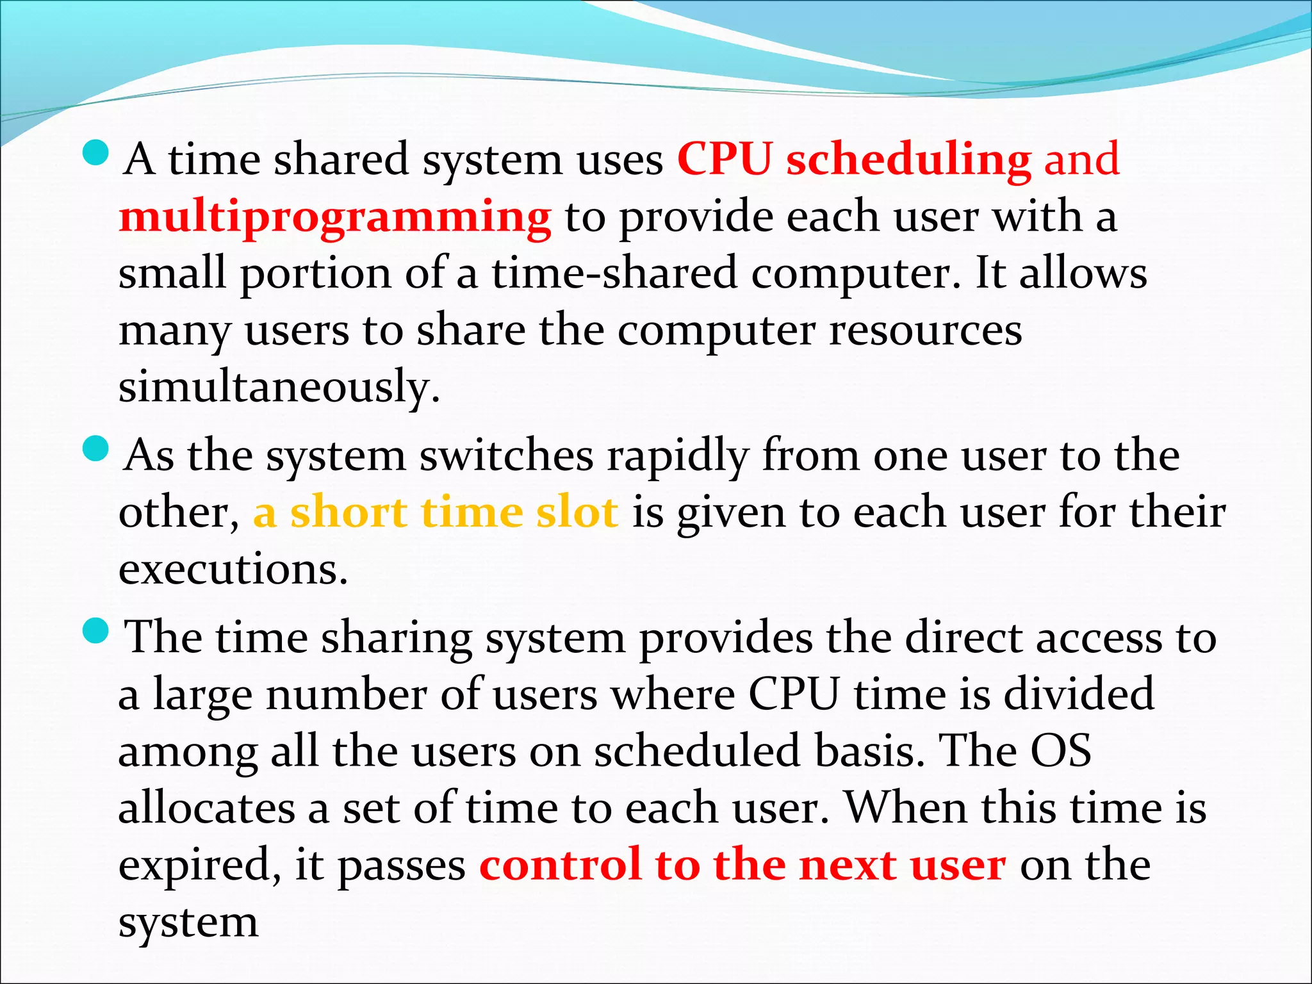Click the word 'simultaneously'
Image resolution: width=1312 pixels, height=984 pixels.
pos(279,386)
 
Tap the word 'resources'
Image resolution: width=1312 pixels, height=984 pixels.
pos(925,331)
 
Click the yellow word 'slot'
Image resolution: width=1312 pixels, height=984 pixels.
pos(577,512)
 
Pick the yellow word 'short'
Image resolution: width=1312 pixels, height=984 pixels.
pos(348,512)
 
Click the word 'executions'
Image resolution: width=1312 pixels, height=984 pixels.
pos(233,569)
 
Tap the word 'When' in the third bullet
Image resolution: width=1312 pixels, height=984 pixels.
pos(906,807)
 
